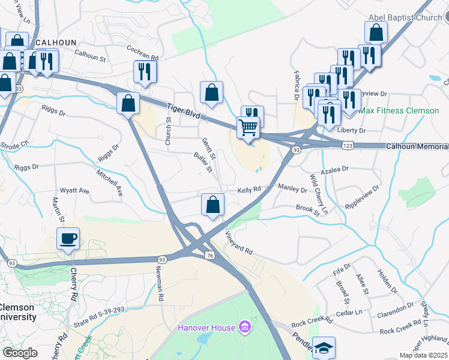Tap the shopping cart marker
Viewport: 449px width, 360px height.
[248, 127]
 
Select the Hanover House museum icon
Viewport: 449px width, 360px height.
[244, 327]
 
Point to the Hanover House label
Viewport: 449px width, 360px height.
[206, 328]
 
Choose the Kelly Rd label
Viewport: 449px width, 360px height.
[249, 189]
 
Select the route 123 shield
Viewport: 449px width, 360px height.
[348, 145]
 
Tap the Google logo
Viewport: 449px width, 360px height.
[20, 353]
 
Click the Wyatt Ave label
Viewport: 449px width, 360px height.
[76, 191]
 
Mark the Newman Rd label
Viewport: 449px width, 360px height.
[161, 283]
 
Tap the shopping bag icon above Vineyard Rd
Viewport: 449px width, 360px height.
[212, 205]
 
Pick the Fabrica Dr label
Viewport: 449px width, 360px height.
[297, 88]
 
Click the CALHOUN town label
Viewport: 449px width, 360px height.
[56, 43]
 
